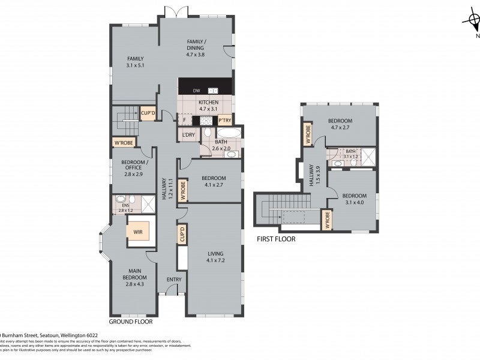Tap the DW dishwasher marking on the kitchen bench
point(196,91)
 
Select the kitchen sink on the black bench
point(213,91)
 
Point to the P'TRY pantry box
point(225,119)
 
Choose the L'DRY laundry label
point(189,135)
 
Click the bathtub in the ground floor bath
point(229,133)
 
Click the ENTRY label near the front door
point(174,279)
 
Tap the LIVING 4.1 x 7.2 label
point(215,256)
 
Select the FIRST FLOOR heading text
point(276,239)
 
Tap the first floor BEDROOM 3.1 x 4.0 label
point(354,199)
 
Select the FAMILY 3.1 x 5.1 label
point(136,62)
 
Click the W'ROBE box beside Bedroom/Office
point(124,142)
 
